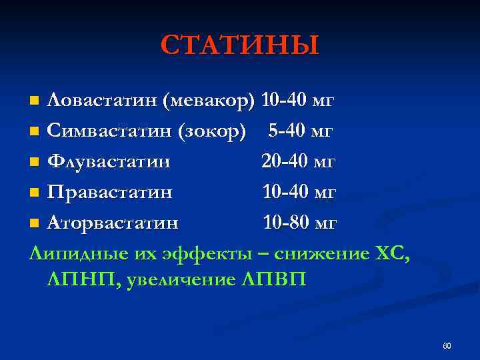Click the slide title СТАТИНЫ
[240, 45]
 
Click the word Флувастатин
[109, 161]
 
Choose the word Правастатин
[110, 192]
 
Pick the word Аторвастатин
[113, 222]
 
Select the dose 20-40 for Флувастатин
[284, 161]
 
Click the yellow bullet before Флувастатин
[35, 162]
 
